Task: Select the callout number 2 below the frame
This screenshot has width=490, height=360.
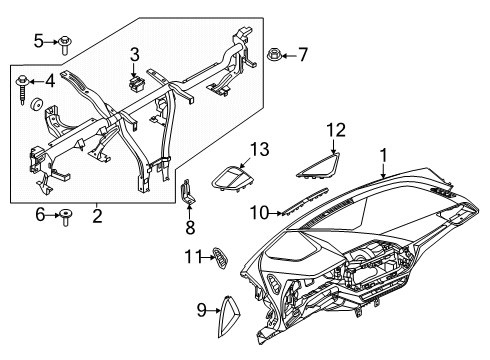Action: point(97,213)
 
